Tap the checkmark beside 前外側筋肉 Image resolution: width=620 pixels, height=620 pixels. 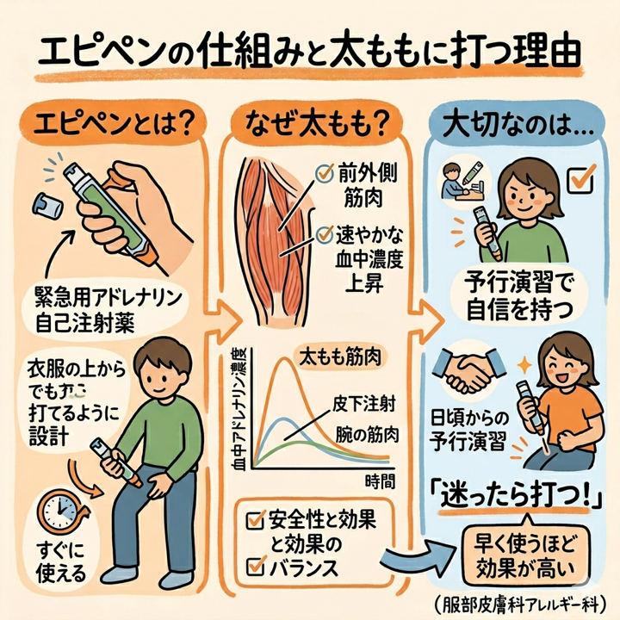(x=325, y=172)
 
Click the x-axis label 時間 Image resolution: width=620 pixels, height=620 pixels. (x=381, y=480)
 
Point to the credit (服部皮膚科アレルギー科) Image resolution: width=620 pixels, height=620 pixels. (x=527, y=602)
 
